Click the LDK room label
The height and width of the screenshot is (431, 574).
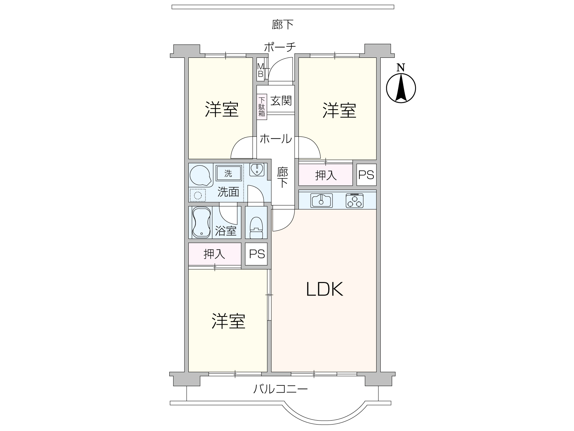[324, 289]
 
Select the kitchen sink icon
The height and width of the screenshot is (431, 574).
[321, 200]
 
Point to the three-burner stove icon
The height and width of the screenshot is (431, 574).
[354, 200]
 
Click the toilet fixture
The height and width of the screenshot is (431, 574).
[256, 227]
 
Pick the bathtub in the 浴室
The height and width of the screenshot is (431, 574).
[201, 222]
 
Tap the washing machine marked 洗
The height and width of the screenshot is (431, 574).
[229, 173]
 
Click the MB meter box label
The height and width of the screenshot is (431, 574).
[260, 70]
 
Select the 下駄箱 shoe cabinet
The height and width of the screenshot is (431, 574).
[262, 107]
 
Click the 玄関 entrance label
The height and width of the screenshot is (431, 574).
[281, 101]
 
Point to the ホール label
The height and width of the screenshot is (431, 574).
[276, 139]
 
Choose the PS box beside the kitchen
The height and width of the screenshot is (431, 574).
[366, 175]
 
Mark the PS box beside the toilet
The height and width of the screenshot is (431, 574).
[257, 254]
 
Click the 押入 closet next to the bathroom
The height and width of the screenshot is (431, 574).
[215, 254]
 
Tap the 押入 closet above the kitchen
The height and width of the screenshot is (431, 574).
[326, 175]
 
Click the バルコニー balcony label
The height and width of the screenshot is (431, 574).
[280, 389]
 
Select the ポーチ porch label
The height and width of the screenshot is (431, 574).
[280, 47]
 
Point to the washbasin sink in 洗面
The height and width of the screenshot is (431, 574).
[257, 170]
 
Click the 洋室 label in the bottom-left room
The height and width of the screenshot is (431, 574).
[228, 321]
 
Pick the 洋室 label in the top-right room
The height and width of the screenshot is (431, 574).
[339, 110]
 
